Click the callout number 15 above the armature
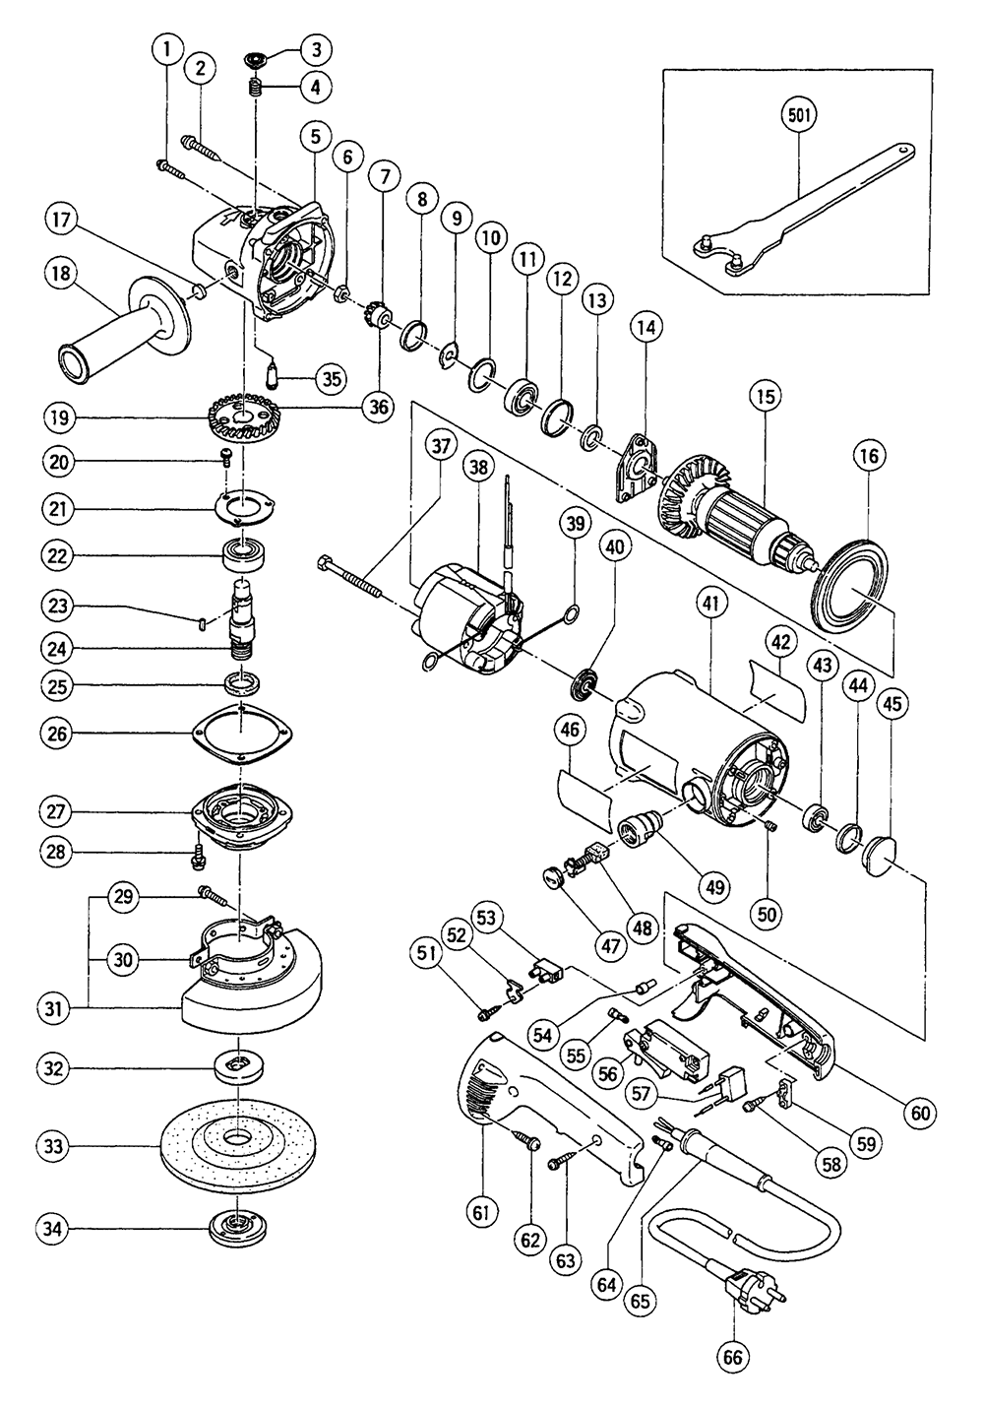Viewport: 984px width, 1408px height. tap(764, 397)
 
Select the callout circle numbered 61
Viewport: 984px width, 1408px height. tap(480, 1212)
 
